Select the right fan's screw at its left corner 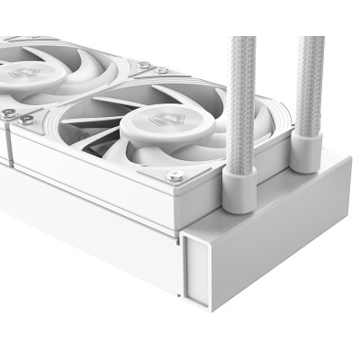(x=27, y=118)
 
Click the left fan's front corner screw (x=8, y=113)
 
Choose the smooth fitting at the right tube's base (x=307, y=150)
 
